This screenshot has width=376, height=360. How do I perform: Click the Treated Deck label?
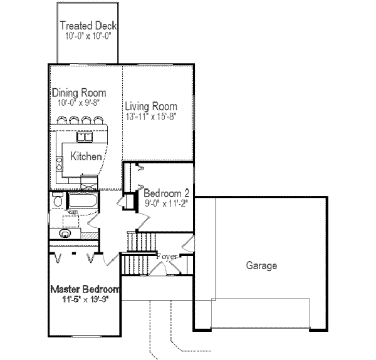tap(88, 26)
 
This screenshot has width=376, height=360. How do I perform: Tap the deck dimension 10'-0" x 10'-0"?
tap(88, 36)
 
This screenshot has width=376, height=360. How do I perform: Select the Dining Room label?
tap(79, 93)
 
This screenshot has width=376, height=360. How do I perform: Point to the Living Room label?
tap(150, 106)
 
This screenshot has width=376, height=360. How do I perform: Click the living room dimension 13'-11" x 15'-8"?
tap(151, 116)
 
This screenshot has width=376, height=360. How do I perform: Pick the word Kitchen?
tap(86, 156)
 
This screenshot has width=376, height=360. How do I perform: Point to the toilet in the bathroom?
tap(57, 202)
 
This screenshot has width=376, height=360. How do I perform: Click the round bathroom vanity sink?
tap(65, 234)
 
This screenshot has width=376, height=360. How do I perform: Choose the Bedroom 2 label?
tap(166, 193)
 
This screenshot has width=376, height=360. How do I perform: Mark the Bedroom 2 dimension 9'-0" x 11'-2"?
tap(166, 203)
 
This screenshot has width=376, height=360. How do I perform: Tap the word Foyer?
tap(167, 256)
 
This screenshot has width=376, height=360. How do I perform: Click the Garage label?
tap(261, 265)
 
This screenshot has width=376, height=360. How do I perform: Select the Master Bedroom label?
tap(85, 289)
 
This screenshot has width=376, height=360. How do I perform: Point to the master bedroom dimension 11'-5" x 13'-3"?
tap(85, 299)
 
